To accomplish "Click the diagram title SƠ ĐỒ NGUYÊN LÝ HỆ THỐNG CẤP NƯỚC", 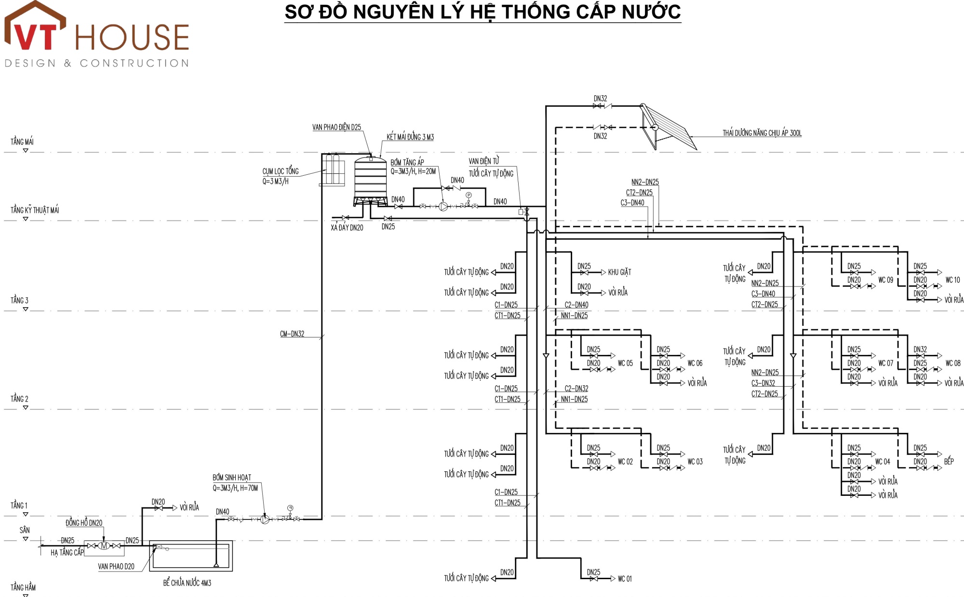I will click(482, 12).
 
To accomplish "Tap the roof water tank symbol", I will click(370, 179).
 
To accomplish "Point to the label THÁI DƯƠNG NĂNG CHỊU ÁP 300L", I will click(762, 133).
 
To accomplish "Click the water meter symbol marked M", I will click(104, 545).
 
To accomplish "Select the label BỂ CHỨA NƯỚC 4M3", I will click(187, 583).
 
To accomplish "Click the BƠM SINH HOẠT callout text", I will click(232, 478).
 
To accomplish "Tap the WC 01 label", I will click(625, 579).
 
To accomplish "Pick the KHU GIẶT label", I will click(619, 272).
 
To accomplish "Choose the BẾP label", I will click(949, 461).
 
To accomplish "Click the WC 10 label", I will click(952, 280).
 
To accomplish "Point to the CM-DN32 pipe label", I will click(292, 334).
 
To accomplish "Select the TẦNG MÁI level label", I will click(22, 142).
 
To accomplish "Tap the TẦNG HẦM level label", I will click(23, 587).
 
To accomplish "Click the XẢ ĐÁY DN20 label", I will click(347, 228).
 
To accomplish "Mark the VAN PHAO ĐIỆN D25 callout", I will click(336, 127).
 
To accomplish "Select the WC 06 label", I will click(695, 363).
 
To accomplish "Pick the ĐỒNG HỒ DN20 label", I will click(84, 523).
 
